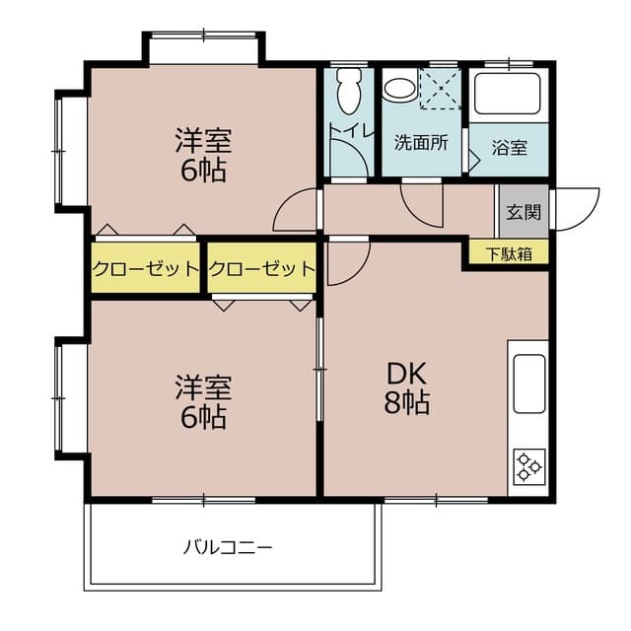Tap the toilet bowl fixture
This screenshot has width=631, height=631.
click(347, 92)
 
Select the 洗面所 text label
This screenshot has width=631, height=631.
click(421, 142)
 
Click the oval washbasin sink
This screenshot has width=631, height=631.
click(398, 89)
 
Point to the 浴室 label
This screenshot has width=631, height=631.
click(509, 148)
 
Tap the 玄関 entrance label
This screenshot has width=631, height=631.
click(523, 211)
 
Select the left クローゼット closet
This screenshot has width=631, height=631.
click(146, 268)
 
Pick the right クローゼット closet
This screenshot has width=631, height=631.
click(262, 268)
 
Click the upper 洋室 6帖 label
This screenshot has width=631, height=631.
click(202, 155)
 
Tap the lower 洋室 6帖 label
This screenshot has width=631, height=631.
click(202, 400)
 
